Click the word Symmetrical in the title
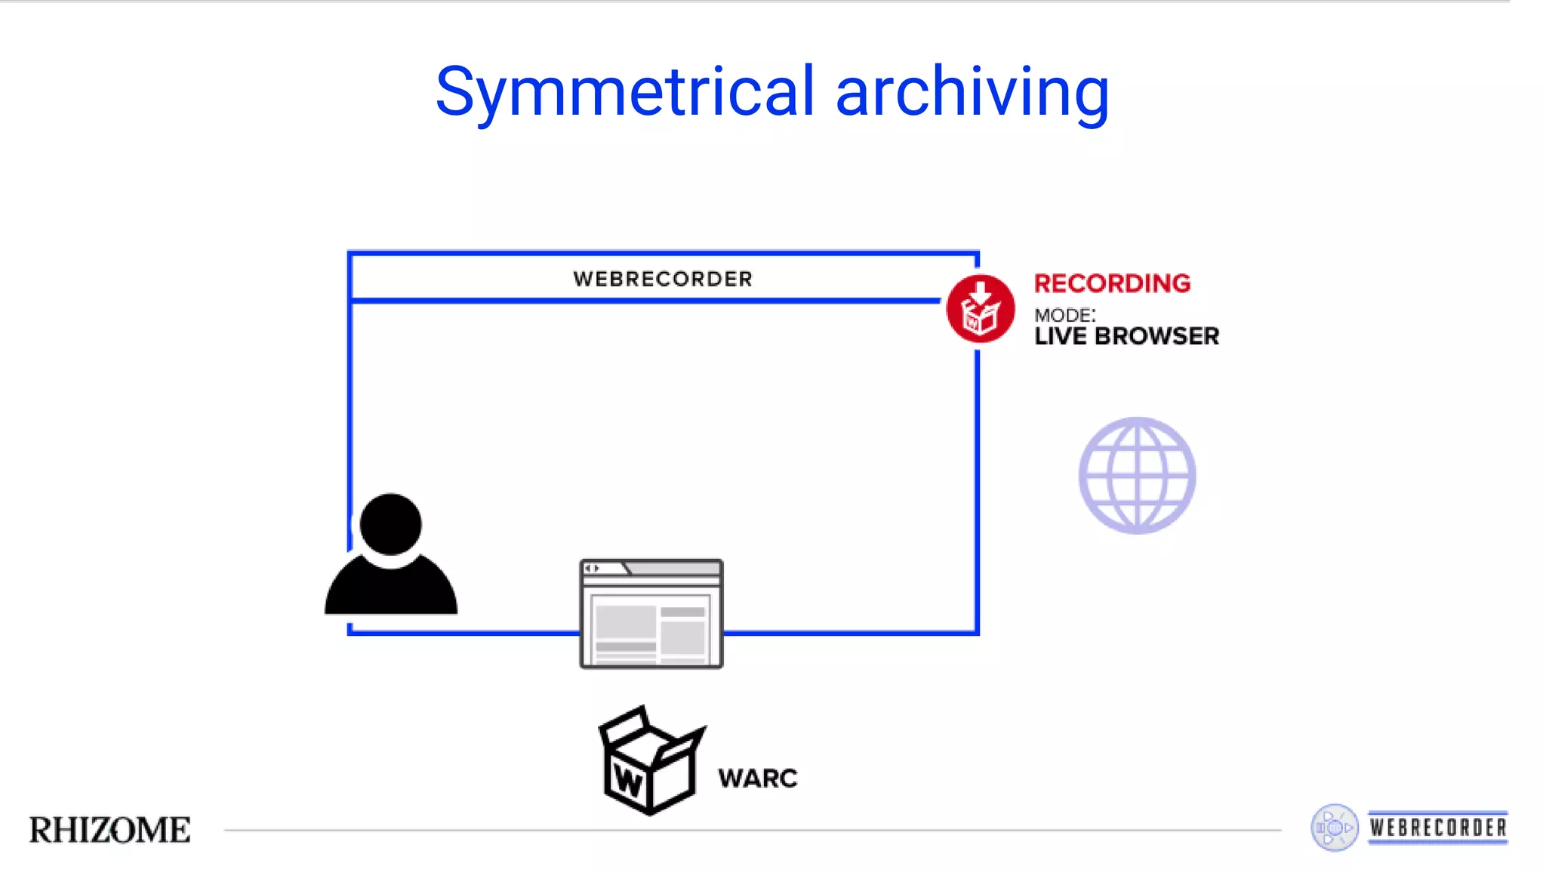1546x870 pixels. coord(625,92)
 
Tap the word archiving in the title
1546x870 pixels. coord(972,92)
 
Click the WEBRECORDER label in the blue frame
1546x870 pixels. coord(663,279)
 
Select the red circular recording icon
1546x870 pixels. coord(980,309)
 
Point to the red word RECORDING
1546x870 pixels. coord(1112,283)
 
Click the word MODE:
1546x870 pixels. coord(1064,315)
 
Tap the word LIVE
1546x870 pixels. coord(1060,337)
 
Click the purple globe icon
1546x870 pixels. coord(1137,476)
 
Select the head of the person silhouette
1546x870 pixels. coord(390,524)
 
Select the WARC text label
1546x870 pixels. coord(757,779)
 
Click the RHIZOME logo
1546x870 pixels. coord(110,830)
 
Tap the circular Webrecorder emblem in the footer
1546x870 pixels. coord(1334,828)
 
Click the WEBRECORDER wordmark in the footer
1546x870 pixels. coord(1438,828)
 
